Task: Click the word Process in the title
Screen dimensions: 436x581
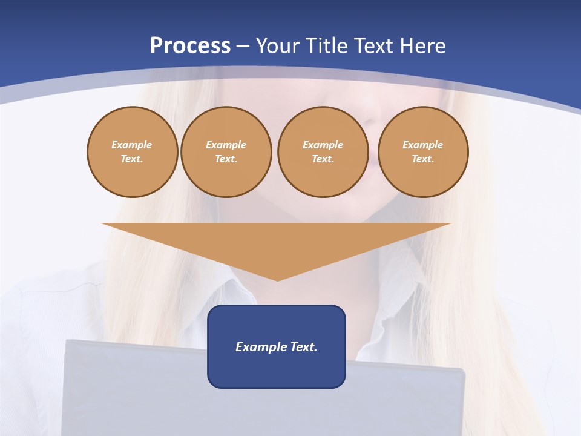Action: pyautogui.click(x=190, y=46)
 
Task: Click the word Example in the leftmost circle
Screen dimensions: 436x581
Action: pyautogui.click(x=132, y=145)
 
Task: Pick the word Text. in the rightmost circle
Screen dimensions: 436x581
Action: pyautogui.click(x=423, y=159)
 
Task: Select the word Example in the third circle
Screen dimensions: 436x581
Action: pyautogui.click(x=323, y=145)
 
